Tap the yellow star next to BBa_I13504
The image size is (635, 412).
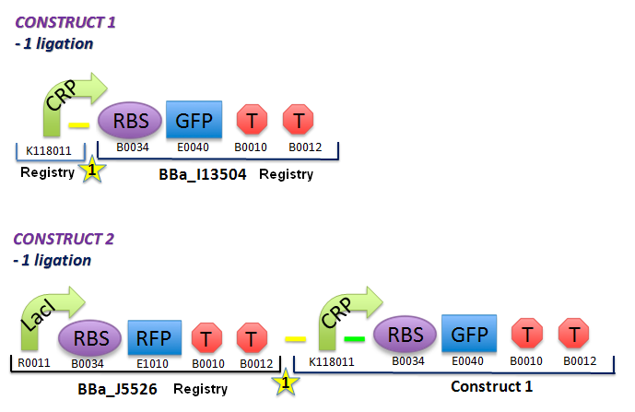pyautogui.click(x=90, y=170)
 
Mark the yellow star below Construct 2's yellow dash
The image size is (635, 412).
pyautogui.click(x=286, y=382)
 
